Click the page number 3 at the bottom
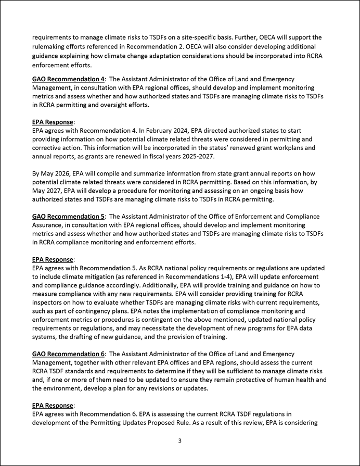tap(179, 441)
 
